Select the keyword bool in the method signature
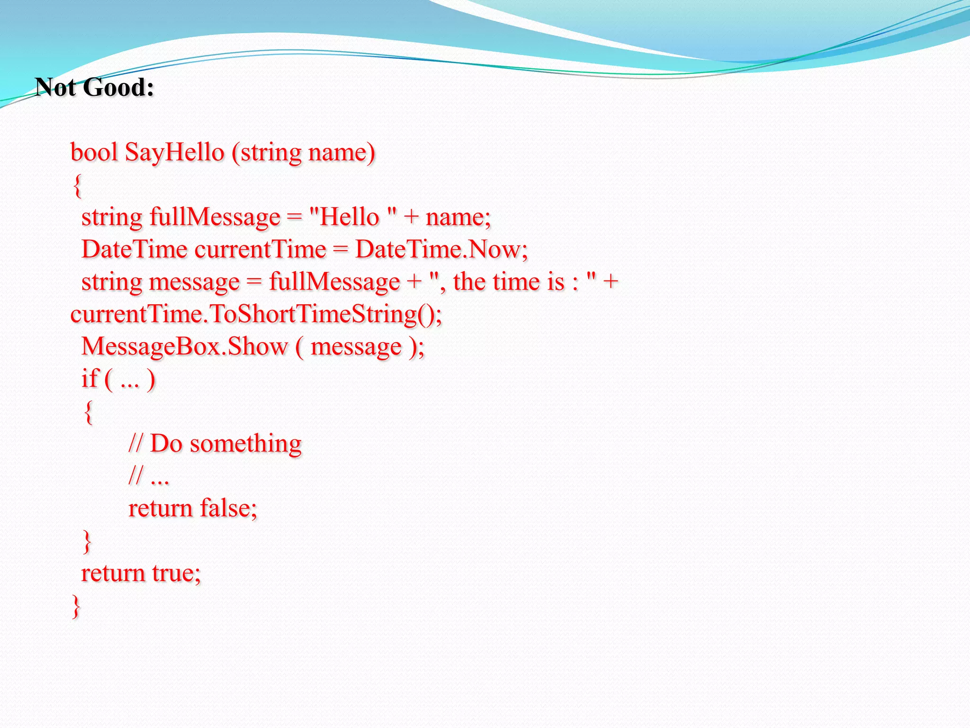click(94, 153)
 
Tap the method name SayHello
click(174, 153)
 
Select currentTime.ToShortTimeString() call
click(256, 314)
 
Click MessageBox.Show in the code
click(184, 346)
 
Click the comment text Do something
click(225, 444)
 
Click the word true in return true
click(176, 573)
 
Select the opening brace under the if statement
click(88, 412)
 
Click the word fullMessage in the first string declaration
click(215, 217)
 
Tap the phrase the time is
click(508, 282)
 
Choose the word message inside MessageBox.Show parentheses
click(356, 346)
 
